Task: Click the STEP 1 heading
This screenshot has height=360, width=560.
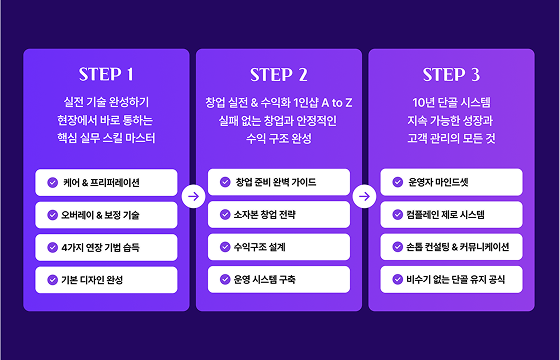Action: click(x=106, y=75)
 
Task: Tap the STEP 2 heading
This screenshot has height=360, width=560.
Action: click(x=280, y=75)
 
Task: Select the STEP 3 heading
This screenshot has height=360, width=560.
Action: click(x=452, y=75)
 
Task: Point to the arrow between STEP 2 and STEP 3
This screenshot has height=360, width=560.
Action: click(x=366, y=197)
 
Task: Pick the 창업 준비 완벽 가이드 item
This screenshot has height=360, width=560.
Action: click(x=280, y=183)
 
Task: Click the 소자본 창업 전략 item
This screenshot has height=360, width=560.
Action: click(x=280, y=214)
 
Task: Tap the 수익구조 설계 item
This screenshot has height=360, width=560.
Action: click(x=280, y=246)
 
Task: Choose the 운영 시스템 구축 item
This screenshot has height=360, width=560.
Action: click(x=280, y=278)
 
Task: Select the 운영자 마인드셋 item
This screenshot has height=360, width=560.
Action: click(x=452, y=183)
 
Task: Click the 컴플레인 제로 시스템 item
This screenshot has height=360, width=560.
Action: click(x=452, y=214)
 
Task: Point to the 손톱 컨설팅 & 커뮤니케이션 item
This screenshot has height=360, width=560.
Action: click(x=452, y=246)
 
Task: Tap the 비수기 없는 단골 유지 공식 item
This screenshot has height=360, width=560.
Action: click(x=452, y=278)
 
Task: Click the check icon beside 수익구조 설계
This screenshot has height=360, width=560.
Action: click(x=225, y=246)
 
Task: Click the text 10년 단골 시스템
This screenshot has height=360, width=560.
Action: click(x=452, y=102)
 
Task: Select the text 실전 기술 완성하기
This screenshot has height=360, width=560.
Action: click(x=106, y=102)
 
